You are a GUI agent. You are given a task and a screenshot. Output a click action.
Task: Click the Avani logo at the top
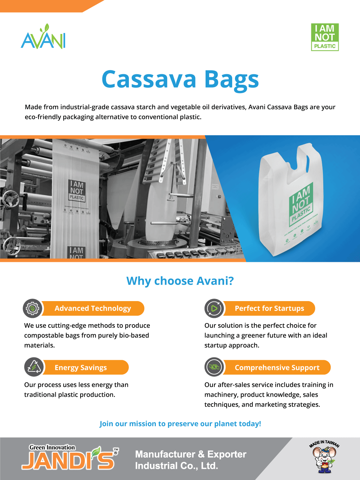[43, 36]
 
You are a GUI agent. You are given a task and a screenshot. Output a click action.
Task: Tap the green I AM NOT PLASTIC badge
[325, 37]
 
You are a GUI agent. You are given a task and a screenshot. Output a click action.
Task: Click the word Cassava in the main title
[149, 79]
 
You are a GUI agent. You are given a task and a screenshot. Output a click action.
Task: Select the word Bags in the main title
[231, 81]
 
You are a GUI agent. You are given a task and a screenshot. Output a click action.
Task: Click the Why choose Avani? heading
[180, 281]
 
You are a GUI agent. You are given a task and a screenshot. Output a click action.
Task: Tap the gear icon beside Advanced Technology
[33, 308]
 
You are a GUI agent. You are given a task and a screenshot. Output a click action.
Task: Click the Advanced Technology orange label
[93, 308]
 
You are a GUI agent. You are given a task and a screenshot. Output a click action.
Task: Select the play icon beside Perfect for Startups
[214, 308]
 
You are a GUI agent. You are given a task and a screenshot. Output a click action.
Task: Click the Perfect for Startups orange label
[269, 308]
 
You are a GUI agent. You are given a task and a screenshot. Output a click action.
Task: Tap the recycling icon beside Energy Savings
[34, 367]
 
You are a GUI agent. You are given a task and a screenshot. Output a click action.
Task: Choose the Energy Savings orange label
[85, 367]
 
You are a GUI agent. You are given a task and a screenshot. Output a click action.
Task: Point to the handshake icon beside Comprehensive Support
[214, 367]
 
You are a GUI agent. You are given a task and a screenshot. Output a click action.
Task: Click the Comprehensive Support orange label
[277, 367]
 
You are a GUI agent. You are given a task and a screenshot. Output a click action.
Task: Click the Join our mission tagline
[180, 424]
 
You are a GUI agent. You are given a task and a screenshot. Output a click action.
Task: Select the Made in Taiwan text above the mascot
[324, 444]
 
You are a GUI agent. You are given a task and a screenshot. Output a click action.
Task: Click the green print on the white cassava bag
[302, 204]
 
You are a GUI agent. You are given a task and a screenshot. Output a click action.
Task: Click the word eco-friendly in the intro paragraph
[43, 117]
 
